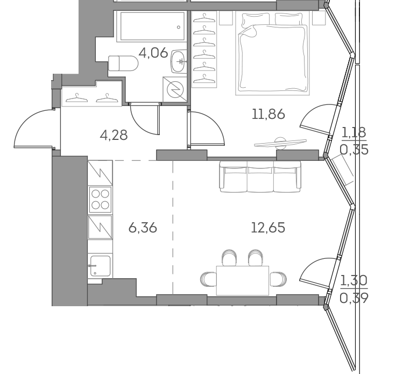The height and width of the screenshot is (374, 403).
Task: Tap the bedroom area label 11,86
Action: [x=267, y=114]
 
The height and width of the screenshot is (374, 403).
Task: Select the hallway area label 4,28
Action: [x=114, y=135]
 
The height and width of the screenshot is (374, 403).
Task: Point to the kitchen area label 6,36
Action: [x=143, y=228]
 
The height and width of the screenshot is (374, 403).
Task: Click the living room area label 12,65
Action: [x=267, y=228]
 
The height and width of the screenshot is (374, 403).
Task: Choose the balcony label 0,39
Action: [x=355, y=298]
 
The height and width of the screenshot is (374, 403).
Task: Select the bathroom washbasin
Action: [x=179, y=63]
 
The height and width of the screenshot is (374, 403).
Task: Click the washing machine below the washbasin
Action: [x=175, y=89]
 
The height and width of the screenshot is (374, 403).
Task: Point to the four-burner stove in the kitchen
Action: [x=100, y=199]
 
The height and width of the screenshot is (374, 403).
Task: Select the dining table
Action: [x=242, y=280]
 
